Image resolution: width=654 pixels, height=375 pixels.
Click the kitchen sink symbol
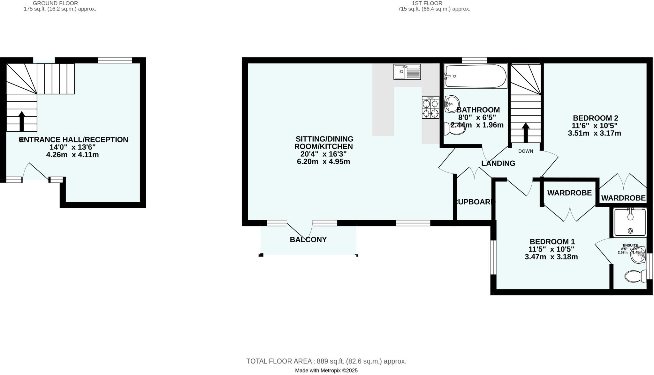tap(407, 72)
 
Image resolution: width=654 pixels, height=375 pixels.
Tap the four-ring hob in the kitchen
tap(430, 108)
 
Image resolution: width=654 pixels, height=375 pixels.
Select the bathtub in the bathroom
tap(475, 76)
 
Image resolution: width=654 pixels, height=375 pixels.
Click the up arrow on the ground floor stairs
tap(22, 121)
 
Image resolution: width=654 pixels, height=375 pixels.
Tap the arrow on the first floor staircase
tap(526, 132)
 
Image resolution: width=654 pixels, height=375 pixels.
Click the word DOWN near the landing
tap(526, 151)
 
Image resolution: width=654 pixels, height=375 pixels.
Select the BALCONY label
tap(308, 240)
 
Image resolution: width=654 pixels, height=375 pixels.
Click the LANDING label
tap(498, 164)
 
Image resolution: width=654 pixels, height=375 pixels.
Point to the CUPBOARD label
tap(474, 202)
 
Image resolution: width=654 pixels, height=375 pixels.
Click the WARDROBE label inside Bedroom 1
tap(569, 193)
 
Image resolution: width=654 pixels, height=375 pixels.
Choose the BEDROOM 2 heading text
tap(595, 118)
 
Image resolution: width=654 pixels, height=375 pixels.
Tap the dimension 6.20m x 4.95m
tap(323, 162)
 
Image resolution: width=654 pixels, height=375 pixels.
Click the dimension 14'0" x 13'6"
tap(72, 147)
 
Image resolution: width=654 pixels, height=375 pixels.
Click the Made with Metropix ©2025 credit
tap(326, 371)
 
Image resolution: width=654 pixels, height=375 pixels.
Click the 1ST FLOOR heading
tap(427, 3)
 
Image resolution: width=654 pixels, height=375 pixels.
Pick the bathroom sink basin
tap(452, 104)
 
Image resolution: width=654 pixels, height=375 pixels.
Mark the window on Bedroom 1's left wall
tap(493, 257)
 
